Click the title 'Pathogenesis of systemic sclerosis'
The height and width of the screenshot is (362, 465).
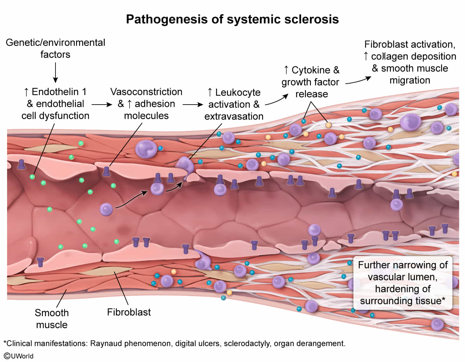click(232, 19)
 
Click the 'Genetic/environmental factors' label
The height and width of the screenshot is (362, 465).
click(55, 48)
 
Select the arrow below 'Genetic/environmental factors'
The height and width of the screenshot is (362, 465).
click(55, 73)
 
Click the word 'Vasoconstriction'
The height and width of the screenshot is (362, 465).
click(146, 92)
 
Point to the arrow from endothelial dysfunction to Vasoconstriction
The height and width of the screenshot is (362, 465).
click(102, 105)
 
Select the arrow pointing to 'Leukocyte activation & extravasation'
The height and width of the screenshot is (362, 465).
click(193, 105)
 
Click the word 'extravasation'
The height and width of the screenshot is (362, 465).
click(234, 116)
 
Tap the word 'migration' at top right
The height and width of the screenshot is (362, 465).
click(410, 80)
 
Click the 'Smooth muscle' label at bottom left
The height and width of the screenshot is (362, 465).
click(52, 318)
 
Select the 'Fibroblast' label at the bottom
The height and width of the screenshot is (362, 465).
click(129, 312)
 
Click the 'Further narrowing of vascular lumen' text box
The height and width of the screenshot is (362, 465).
click(403, 283)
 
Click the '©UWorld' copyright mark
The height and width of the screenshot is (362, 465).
click(19, 356)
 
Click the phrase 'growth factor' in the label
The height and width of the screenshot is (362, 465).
click(310, 82)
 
